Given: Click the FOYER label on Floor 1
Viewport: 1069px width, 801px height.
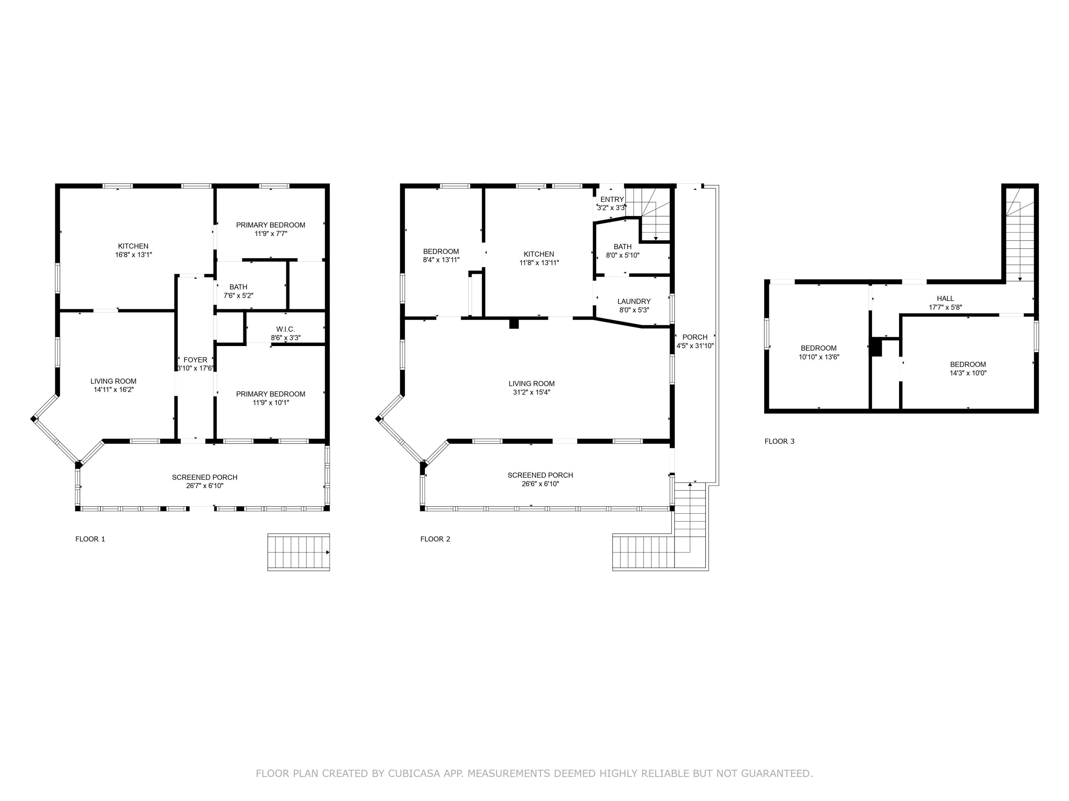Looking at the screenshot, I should [x=195, y=360].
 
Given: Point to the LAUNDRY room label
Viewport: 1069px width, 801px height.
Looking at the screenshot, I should [x=634, y=301].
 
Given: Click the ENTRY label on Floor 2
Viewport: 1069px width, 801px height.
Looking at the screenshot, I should [x=612, y=199].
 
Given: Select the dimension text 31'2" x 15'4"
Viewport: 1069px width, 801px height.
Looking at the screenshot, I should [x=531, y=392].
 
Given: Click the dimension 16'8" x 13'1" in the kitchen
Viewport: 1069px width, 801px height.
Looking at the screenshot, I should [x=133, y=255].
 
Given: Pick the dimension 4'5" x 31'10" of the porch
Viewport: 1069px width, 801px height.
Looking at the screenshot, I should [x=694, y=346].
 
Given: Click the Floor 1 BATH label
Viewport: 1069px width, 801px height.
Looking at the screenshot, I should [x=238, y=287].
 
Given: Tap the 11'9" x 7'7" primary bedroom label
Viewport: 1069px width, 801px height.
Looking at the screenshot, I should [x=270, y=233].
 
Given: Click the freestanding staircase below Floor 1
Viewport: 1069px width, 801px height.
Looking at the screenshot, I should [x=298, y=552].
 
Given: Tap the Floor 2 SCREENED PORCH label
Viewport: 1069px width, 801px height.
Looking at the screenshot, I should [x=540, y=475].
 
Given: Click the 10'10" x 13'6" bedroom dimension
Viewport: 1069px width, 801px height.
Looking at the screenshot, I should [x=818, y=357].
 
